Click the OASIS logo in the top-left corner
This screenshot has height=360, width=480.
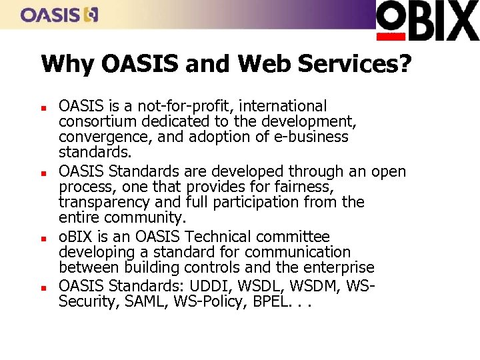coord(59,15)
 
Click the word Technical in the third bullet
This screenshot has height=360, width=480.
coord(217,237)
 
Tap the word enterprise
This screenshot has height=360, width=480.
coord(339,267)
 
